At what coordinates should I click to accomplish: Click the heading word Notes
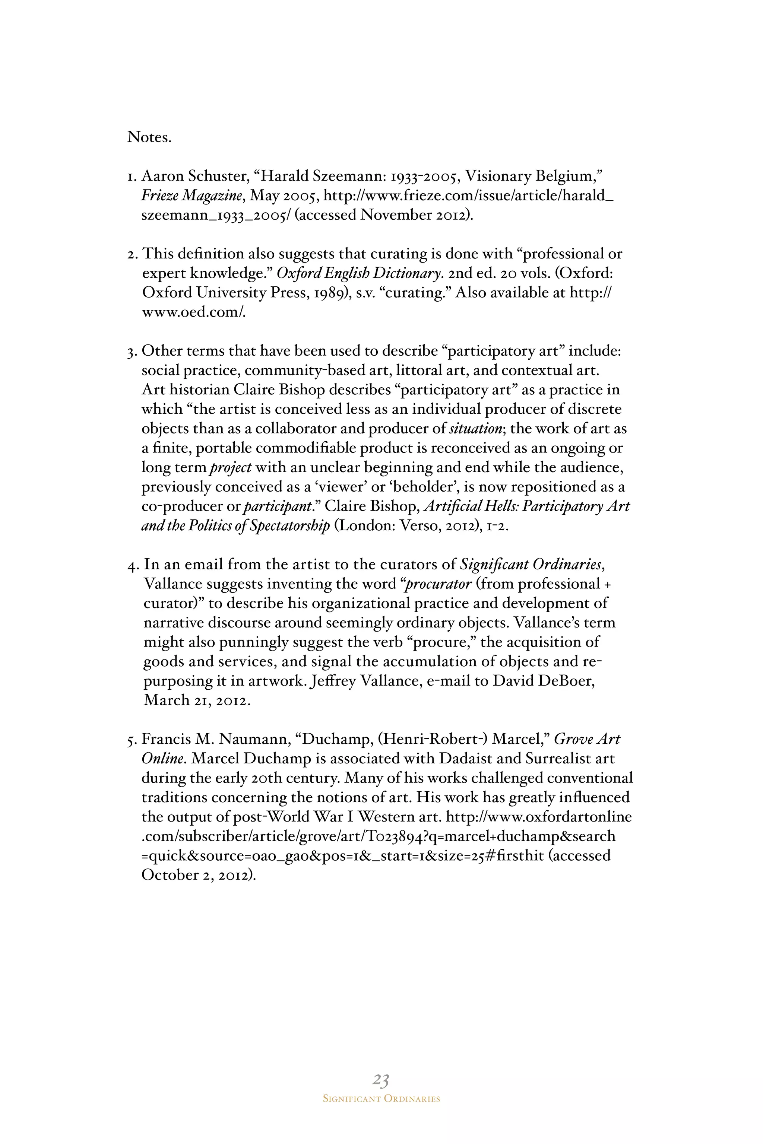pos(149,138)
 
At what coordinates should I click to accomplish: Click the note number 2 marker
pos(132,254)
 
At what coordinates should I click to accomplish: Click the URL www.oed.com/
pos(193,312)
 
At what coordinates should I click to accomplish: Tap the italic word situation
pos(475,429)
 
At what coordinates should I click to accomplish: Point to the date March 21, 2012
pos(197,700)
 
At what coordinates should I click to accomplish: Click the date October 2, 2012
pos(197,875)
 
